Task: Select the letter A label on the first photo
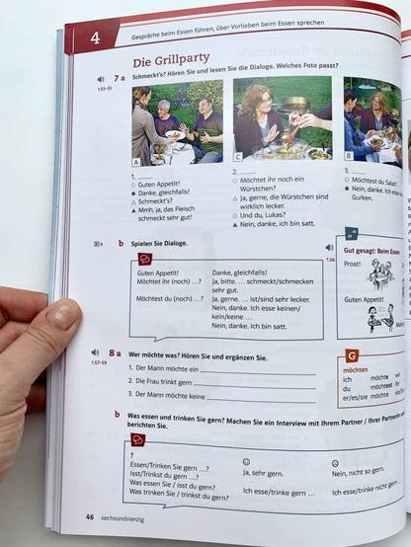click(136, 160)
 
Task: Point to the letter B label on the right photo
click(348, 155)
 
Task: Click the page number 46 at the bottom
click(89, 516)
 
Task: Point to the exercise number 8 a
click(116, 352)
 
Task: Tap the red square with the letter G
click(352, 353)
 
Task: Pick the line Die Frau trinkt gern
click(165, 381)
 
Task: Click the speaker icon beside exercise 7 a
click(100, 79)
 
